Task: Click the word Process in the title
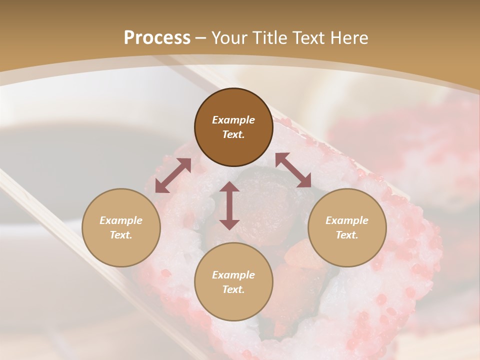point(157,38)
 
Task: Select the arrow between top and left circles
point(173,175)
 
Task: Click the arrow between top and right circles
point(293,170)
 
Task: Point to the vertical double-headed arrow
point(229,205)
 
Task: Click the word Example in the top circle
point(233,120)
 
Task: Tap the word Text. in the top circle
point(233,134)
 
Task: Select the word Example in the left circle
point(121,220)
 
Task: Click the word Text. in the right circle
point(347,235)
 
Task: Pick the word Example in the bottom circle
point(233,275)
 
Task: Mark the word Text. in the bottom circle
point(233,289)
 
